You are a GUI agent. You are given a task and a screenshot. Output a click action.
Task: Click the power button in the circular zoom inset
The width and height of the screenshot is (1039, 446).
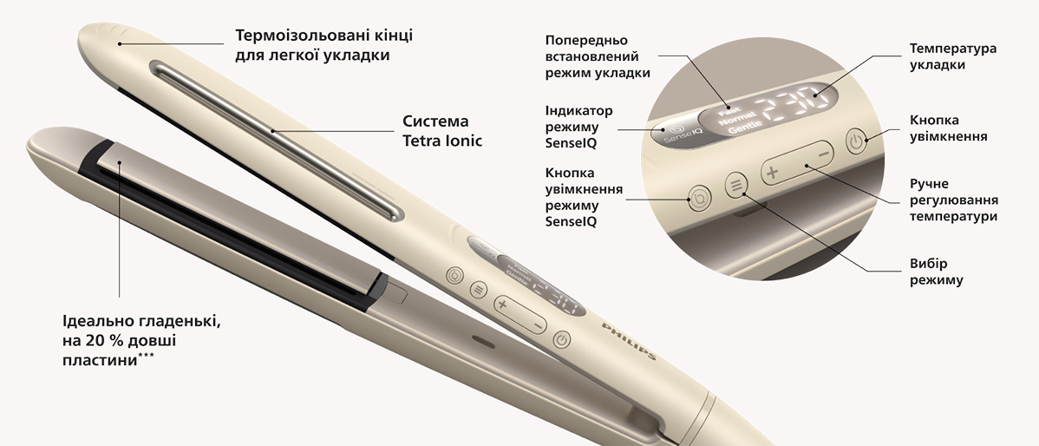tap(856, 141)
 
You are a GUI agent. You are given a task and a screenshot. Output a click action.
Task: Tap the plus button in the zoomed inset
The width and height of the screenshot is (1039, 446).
tap(772, 173)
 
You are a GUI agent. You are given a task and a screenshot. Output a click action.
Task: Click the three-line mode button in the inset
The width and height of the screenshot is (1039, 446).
tap(735, 187)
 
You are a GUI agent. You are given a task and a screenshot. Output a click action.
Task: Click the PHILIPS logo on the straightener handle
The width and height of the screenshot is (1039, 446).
tap(629, 341)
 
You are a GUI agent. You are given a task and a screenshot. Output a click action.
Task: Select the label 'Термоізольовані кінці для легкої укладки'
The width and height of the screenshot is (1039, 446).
tap(324, 45)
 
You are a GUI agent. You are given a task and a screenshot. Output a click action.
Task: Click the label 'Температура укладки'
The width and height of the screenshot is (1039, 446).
tap(953, 57)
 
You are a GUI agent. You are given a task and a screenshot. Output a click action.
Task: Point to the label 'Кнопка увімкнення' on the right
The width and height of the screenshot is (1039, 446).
tap(948, 128)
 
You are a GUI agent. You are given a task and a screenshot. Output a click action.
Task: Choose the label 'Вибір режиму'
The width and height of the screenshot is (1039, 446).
tap(937, 272)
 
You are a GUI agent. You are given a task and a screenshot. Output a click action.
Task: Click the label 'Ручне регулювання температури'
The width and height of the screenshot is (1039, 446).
tap(953, 200)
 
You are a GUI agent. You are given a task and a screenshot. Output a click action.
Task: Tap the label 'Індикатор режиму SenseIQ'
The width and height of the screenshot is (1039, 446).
tap(579, 127)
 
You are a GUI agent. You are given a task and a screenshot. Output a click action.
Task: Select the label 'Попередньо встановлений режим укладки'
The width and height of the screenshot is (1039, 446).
tap(598, 57)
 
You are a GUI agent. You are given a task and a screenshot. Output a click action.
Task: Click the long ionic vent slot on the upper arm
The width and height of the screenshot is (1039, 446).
tap(276, 141)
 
